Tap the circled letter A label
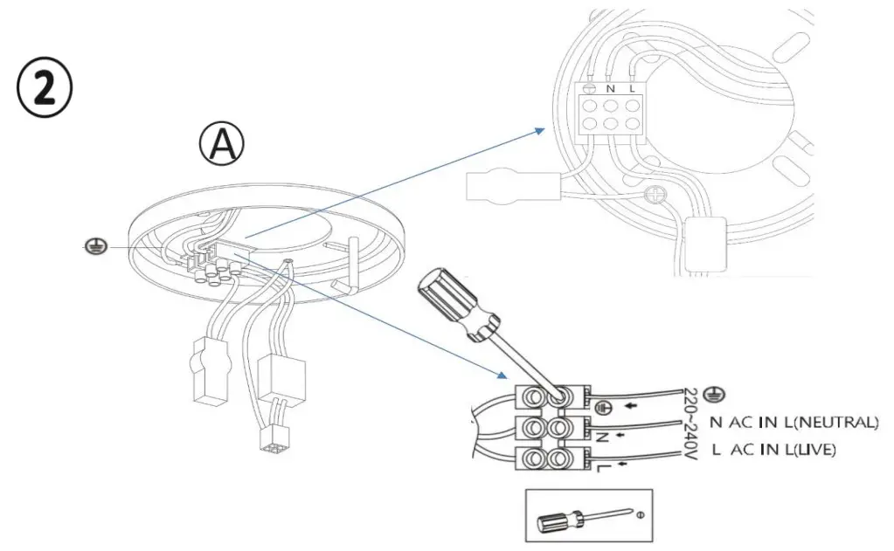(222, 145)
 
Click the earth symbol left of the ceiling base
(97, 248)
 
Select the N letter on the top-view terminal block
(611, 88)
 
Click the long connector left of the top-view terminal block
(511, 185)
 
